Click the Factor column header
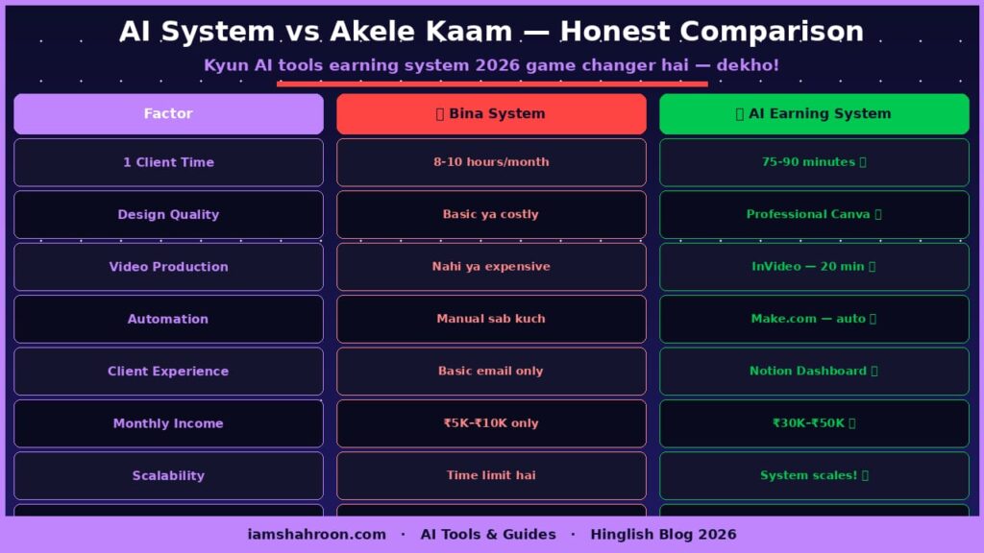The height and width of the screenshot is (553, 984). [x=168, y=113]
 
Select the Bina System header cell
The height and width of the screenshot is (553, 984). [x=491, y=113]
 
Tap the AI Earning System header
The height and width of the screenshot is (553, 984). [x=814, y=113]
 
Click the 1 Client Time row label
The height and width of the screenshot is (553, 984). [x=168, y=162]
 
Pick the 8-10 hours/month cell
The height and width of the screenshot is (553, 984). [x=491, y=162]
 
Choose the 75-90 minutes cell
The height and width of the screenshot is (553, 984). [x=814, y=162]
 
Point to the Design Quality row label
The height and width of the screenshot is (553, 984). [x=168, y=214]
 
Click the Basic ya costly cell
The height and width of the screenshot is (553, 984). [x=491, y=214]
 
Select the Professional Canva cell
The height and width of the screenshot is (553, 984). [x=814, y=214]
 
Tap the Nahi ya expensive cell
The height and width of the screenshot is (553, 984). [x=491, y=267]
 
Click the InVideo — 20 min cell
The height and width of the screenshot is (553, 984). [x=814, y=267]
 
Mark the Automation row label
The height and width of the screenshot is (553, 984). [x=168, y=319]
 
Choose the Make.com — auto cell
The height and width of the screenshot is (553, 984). [x=814, y=319]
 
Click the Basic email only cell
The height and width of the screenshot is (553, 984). [x=491, y=371]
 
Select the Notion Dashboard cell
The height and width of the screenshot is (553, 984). [x=814, y=371]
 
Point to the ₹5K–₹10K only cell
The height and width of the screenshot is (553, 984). [x=491, y=423]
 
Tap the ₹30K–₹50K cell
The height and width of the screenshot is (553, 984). [x=814, y=423]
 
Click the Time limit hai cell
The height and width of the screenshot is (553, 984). [x=491, y=475]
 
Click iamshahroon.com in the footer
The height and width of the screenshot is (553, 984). [x=316, y=535]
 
